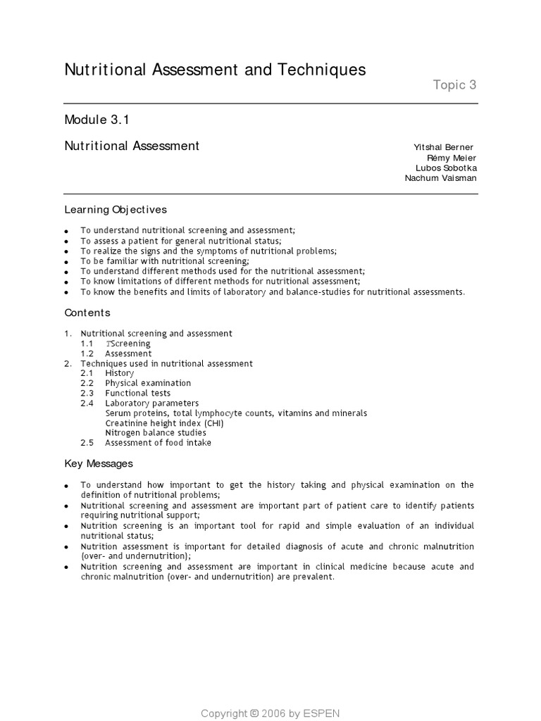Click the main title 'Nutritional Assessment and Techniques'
[216, 70]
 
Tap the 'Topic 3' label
[454, 85]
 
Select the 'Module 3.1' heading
[97, 120]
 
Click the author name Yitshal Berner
[443, 147]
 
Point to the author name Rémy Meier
[452, 158]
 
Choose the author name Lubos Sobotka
[446, 168]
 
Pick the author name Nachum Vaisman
[440, 178]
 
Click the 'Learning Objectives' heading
[116, 209]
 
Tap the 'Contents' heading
[87, 313]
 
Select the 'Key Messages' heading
[99, 464]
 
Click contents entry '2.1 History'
[119, 373]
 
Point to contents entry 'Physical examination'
[148, 383]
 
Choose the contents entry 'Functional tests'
[137, 393]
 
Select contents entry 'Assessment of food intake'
[158, 443]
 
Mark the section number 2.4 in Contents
[87, 403]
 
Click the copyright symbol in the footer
[254, 713]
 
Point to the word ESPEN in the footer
[322, 713]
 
